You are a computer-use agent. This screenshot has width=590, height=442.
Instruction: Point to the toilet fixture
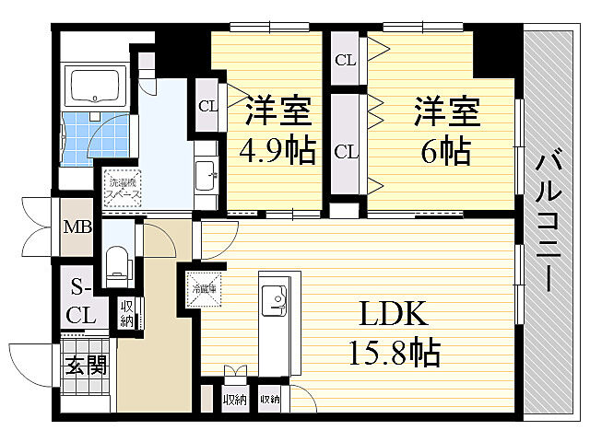pyautogui.click(x=116, y=262)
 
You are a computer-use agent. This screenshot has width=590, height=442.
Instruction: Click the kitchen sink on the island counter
pyautogui.click(x=274, y=298)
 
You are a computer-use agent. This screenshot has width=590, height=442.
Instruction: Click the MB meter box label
pyautogui.click(x=77, y=224)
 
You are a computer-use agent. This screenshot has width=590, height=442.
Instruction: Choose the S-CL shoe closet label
pyautogui.click(x=79, y=301)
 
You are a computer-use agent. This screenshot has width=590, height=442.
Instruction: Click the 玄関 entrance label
pyautogui.click(x=86, y=365)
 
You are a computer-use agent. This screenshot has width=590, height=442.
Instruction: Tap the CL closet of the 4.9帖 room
pyautogui.click(x=207, y=105)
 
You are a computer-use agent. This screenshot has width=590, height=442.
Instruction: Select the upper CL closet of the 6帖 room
pyautogui.click(x=346, y=61)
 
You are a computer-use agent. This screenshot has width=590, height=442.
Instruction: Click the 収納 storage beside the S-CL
pyautogui.click(x=125, y=312)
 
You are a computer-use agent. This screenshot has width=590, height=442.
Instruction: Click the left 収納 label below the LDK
pyautogui.click(x=233, y=399)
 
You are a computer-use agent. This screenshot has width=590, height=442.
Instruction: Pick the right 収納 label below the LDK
pyautogui.click(x=269, y=399)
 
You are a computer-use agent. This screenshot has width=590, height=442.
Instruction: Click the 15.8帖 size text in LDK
pyautogui.click(x=393, y=351)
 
